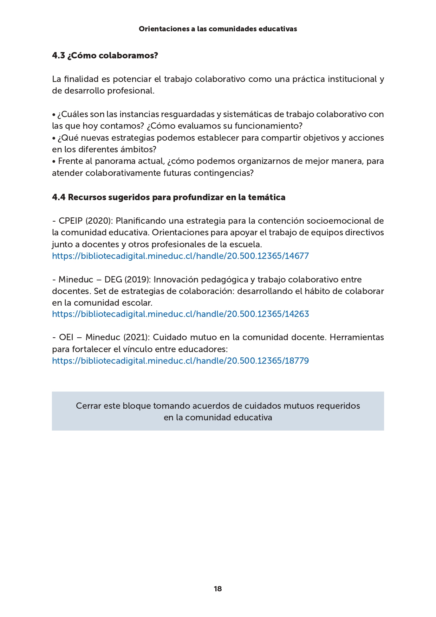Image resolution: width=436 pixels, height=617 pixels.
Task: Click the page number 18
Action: (x=217, y=589)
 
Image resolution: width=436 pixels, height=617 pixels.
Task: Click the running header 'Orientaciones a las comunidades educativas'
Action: (x=218, y=29)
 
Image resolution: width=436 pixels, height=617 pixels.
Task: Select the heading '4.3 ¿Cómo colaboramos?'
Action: (x=105, y=56)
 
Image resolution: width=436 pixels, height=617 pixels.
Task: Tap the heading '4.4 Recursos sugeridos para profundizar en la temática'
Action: (x=169, y=197)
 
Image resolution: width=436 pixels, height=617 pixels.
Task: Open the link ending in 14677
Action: (x=180, y=256)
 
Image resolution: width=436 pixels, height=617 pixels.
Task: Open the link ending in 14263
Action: (x=180, y=314)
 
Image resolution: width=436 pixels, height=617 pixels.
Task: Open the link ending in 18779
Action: (x=180, y=361)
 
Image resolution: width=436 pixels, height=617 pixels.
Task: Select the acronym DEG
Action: (x=113, y=280)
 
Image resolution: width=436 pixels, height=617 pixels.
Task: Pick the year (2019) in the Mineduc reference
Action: (x=138, y=280)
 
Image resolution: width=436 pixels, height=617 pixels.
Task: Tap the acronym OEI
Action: (x=66, y=337)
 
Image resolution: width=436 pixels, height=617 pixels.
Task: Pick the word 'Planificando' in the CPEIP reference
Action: (x=141, y=221)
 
